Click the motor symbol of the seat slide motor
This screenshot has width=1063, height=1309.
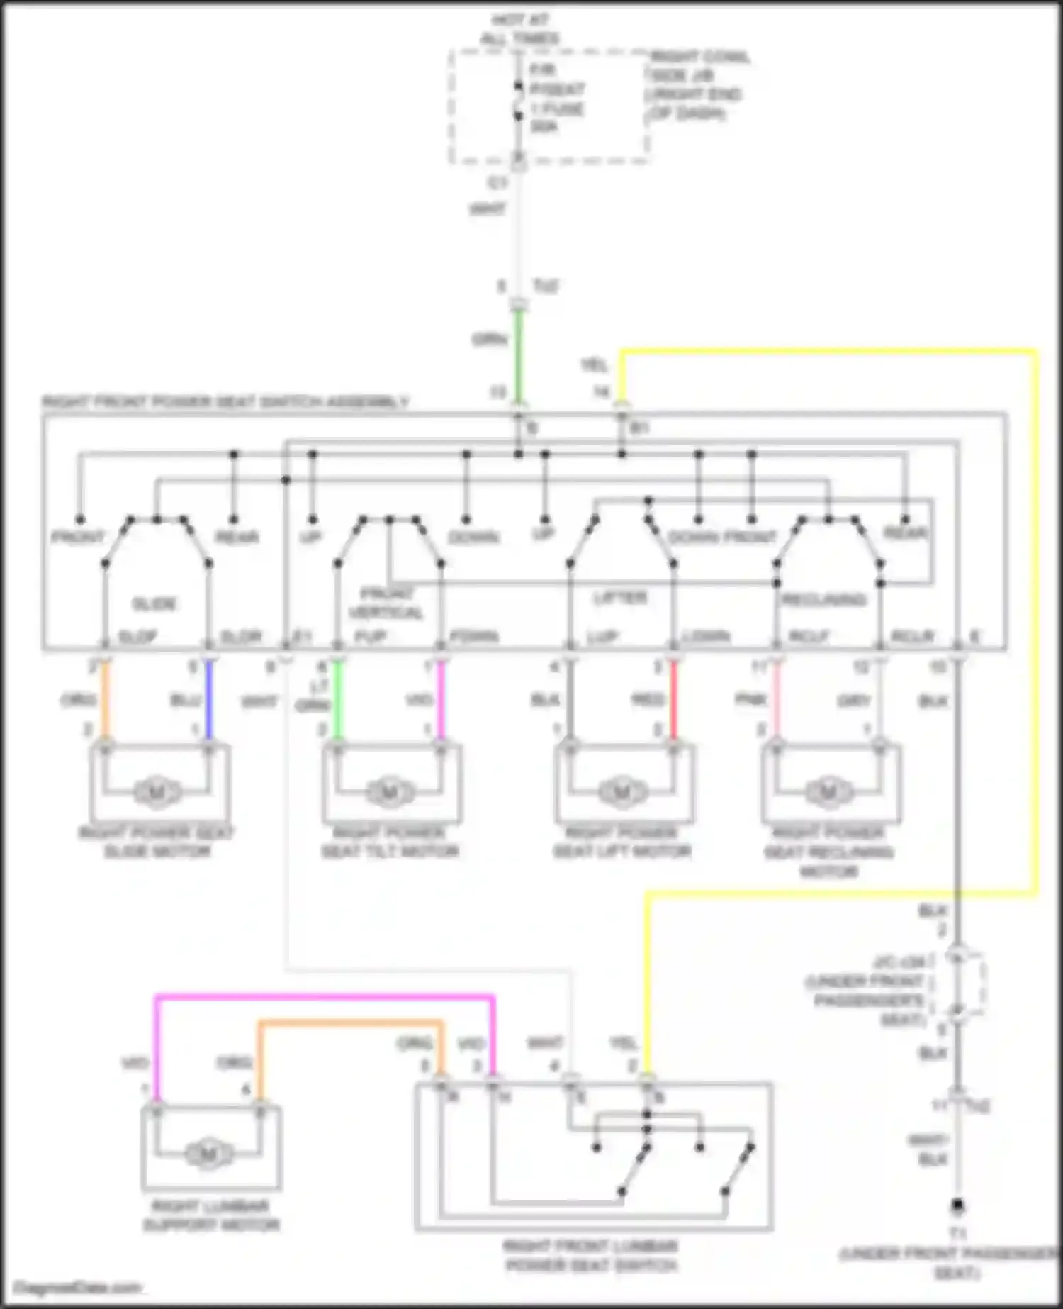pos(157,792)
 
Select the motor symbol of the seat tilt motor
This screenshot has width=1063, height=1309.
pos(388,792)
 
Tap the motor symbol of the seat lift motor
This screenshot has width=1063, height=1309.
pos(622,792)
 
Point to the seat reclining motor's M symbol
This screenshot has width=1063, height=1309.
pos(828,792)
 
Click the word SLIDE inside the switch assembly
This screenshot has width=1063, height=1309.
pos(154,604)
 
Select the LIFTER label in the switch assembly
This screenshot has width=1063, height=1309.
pos(620,598)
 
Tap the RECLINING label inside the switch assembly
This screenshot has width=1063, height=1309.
pos(823,600)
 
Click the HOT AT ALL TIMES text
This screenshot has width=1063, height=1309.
pos(519,29)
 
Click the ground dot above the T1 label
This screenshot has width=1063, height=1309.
pos(957,1205)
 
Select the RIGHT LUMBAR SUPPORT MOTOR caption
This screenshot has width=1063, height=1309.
pos(210,1215)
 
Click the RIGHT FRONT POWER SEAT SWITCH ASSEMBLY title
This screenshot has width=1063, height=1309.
pos(225,402)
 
